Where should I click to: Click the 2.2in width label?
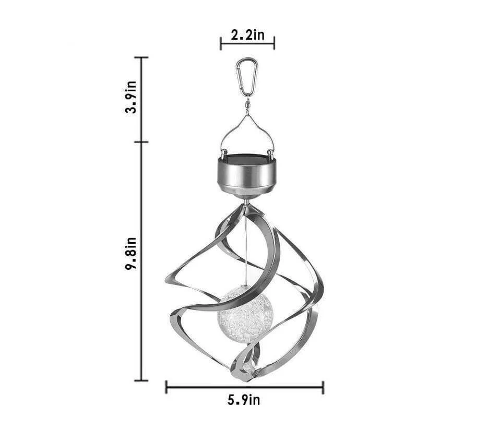(247, 35)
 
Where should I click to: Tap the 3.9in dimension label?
(132, 97)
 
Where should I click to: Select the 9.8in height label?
(131, 254)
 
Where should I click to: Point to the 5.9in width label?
(244, 400)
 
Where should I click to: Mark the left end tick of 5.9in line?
(166, 387)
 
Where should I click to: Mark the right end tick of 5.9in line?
(323, 387)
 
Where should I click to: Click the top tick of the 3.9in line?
(141, 57)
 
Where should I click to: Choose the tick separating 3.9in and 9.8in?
(141, 141)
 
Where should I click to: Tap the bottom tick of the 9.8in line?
(141, 380)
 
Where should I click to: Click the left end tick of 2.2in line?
(221, 44)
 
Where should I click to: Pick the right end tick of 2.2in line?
(274, 44)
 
